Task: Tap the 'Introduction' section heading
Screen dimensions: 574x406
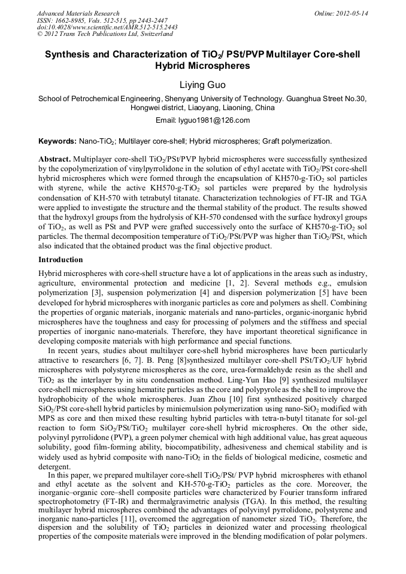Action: (x=60, y=260)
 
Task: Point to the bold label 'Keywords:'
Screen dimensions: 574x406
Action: (x=57, y=141)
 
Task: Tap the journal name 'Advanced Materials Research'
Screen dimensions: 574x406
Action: (x=78, y=13)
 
